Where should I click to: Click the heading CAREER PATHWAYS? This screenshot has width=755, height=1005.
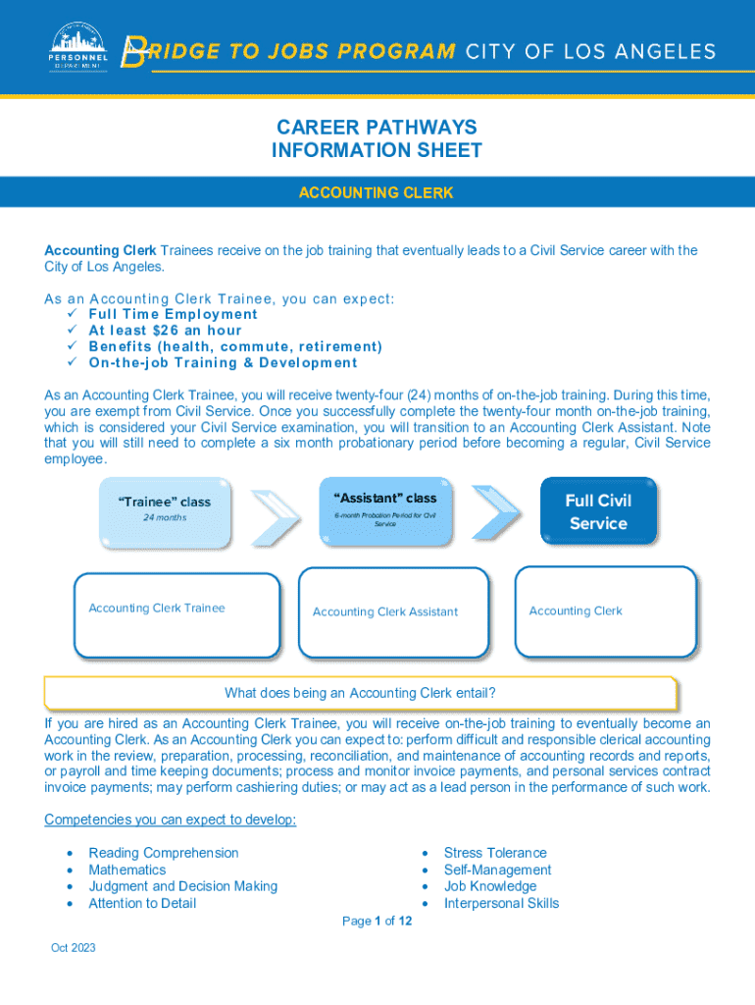pyautogui.click(x=377, y=128)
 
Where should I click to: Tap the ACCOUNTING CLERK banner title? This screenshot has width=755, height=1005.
pyautogui.click(x=377, y=193)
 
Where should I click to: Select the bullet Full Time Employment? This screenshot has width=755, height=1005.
pyautogui.click(x=173, y=314)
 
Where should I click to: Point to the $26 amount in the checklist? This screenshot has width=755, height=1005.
pyautogui.click(x=165, y=331)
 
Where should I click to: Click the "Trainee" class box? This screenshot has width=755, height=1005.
pyautogui.click(x=165, y=511)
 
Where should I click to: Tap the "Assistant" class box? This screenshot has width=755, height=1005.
pyautogui.click(x=385, y=510)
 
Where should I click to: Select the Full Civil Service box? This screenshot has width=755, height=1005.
pyautogui.click(x=598, y=511)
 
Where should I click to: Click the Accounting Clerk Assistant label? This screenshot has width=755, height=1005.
pyautogui.click(x=385, y=612)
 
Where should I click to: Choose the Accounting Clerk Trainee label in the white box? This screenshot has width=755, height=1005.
pyautogui.click(x=157, y=608)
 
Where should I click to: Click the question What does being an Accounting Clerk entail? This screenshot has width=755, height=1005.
pyautogui.click(x=360, y=693)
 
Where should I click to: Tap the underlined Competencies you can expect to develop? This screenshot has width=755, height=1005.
pyautogui.click(x=171, y=820)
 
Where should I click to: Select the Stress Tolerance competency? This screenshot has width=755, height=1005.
pyautogui.click(x=495, y=853)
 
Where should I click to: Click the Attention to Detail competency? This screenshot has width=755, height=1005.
pyautogui.click(x=142, y=903)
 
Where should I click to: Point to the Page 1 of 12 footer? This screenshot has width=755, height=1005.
pyautogui.click(x=377, y=921)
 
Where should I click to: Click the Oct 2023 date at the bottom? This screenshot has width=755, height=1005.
pyautogui.click(x=74, y=948)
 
